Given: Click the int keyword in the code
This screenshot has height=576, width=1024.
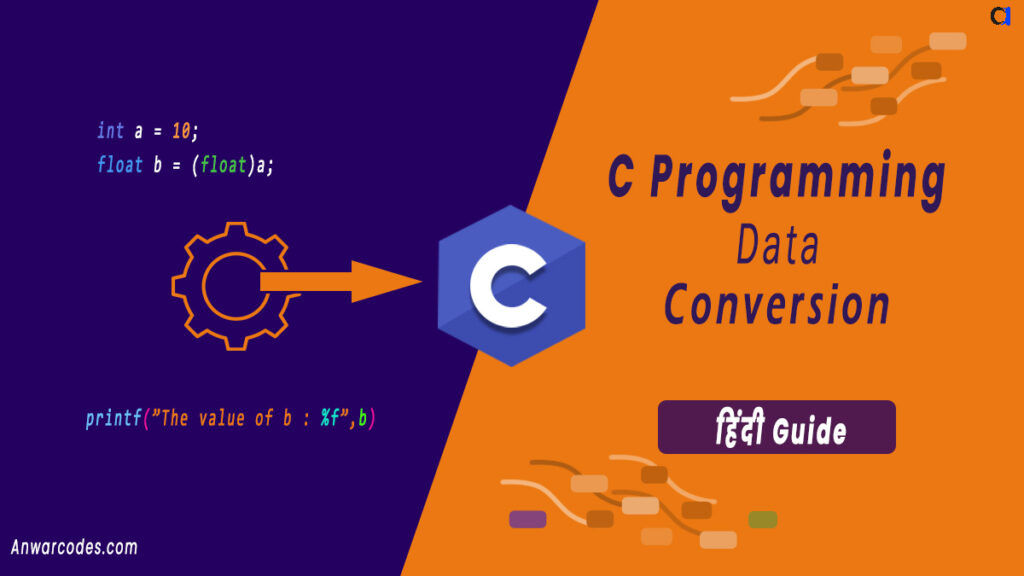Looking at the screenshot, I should coord(110,130).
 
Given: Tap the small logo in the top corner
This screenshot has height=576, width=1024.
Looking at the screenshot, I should coord(1000,15).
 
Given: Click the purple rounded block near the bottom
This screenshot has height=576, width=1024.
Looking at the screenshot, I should coord(527,519).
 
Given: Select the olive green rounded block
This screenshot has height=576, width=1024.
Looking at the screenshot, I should coord(762,519).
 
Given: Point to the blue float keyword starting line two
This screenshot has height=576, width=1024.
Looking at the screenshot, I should coord(119,165).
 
